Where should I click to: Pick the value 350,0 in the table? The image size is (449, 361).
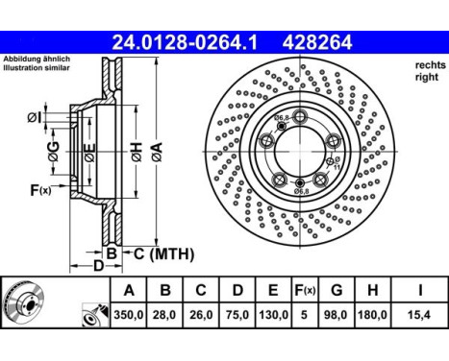pyautogui.click(x=129, y=314)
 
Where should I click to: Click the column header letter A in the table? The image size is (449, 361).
pyautogui.click(x=129, y=289)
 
